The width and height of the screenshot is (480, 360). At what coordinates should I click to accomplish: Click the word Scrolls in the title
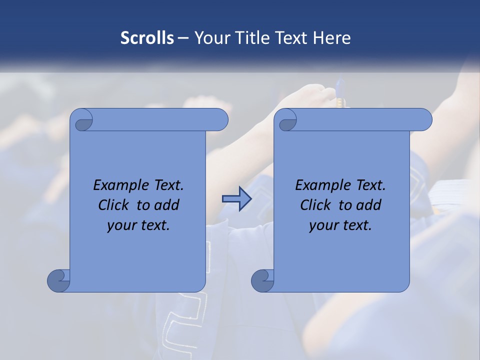click(x=147, y=38)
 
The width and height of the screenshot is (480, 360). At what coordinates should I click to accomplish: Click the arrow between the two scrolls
click(x=236, y=199)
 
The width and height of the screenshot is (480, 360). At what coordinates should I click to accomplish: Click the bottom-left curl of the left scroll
click(x=59, y=280)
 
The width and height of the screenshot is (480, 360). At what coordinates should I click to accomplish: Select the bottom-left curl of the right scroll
click(x=263, y=280)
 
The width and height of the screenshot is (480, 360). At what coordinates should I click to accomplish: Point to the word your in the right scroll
click(x=322, y=225)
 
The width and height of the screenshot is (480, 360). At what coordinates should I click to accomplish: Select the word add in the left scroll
click(x=167, y=205)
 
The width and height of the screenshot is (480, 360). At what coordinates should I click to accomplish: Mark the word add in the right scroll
click(x=369, y=205)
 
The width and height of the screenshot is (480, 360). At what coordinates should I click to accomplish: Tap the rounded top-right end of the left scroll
click(x=219, y=120)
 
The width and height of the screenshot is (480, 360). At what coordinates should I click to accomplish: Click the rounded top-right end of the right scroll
click(x=423, y=120)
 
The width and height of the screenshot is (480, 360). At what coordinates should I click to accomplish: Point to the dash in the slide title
click(x=183, y=38)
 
